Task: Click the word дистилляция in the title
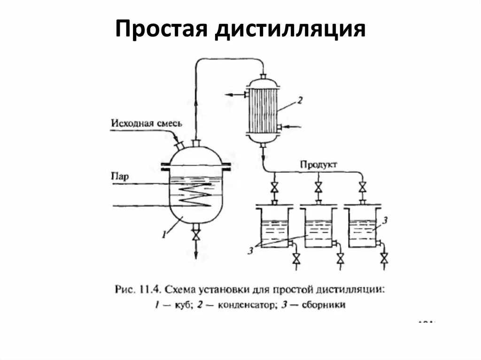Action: coord(291,29)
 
